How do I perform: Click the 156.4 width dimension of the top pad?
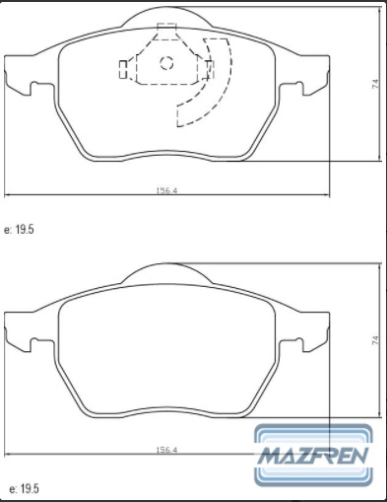[x=166, y=190]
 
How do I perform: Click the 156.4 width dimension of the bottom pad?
[x=166, y=450]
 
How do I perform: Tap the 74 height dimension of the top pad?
[x=375, y=84]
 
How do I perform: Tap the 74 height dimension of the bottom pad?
[x=375, y=340]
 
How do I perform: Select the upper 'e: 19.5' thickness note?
[x=19, y=230]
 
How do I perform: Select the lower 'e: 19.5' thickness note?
[x=25, y=489]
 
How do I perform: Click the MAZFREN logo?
[x=314, y=456]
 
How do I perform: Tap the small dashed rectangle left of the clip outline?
[x=123, y=70]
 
